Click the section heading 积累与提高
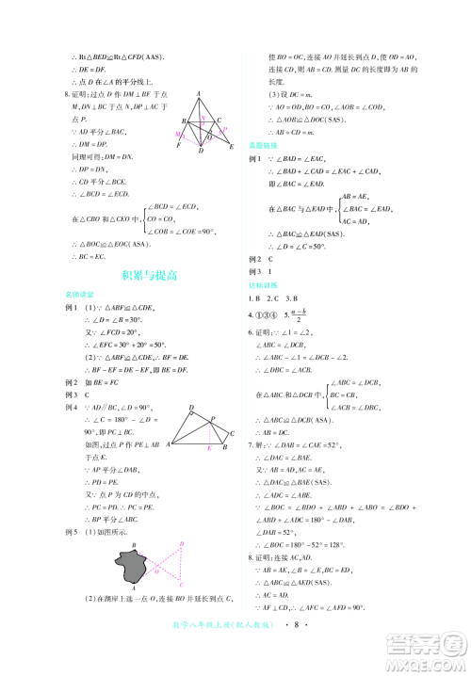[150, 276]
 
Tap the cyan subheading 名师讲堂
[76, 295]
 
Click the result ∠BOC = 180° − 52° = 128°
[320, 543]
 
